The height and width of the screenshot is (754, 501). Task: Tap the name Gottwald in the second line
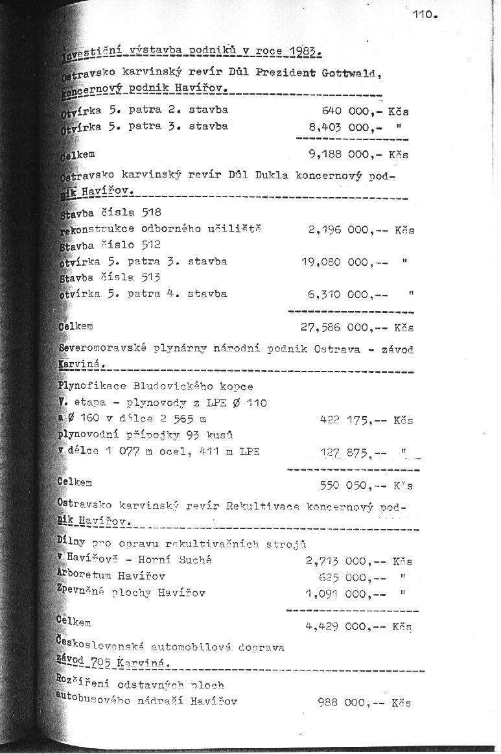pos(349,73)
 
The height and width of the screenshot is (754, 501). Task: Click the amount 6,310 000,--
pos(348,294)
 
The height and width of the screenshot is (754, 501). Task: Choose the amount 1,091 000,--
pos(346,593)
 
